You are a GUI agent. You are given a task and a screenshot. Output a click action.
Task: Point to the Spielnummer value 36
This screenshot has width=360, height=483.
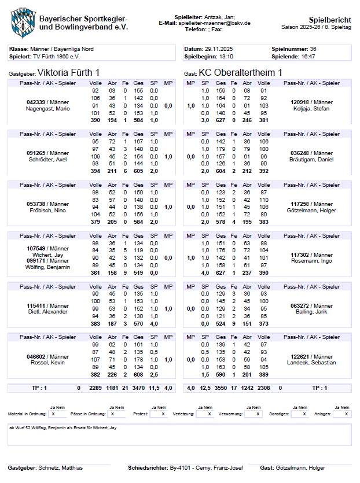click(x=313, y=49)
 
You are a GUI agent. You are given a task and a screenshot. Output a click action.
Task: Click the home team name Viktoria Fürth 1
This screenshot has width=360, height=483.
click(x=68, y=72)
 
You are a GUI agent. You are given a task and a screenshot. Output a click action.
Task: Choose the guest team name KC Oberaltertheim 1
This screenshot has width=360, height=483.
click(x=241, y=72)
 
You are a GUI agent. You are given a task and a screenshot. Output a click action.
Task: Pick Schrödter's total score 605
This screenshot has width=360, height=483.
click(x=138, y=171)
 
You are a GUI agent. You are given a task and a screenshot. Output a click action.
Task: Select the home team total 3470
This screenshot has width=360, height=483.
click(x=138, y=388)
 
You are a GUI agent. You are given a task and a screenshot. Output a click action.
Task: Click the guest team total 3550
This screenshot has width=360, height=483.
click(x=221, y=388)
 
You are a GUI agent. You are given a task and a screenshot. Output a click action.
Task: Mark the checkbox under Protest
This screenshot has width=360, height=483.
click(x=163, y=414)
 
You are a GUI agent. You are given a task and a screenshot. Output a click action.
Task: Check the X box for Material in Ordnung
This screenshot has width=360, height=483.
click(x=53, y=414)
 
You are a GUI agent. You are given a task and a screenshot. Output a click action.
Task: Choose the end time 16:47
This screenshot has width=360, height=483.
click(x=308, y=57)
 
